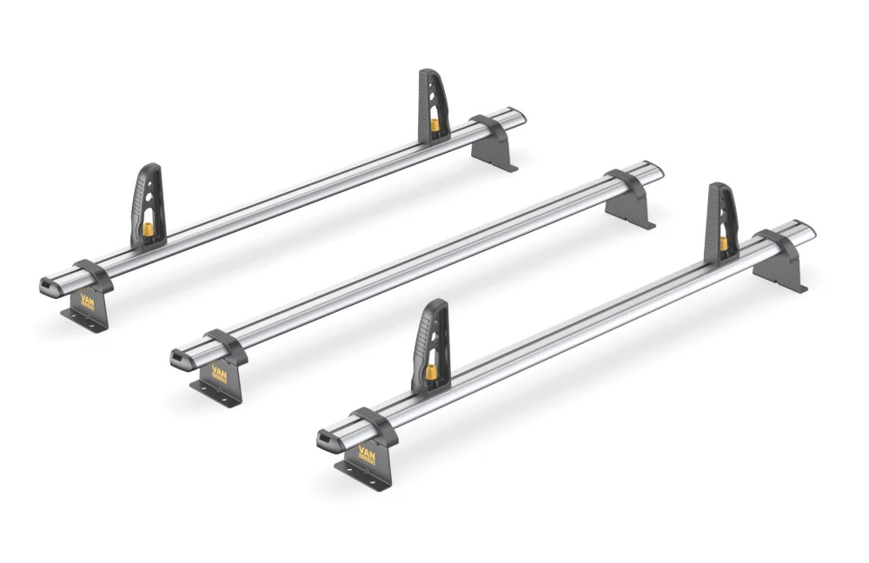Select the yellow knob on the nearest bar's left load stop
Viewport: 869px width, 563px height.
click(429, 373)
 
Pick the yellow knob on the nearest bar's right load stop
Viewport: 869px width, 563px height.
click(723, 240)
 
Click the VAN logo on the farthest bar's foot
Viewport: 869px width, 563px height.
click(87, 301)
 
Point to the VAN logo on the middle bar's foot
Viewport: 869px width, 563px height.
click(215, 371)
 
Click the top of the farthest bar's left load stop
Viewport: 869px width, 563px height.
click(150, 168)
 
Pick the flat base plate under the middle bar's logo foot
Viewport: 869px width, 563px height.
click(216, 394)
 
